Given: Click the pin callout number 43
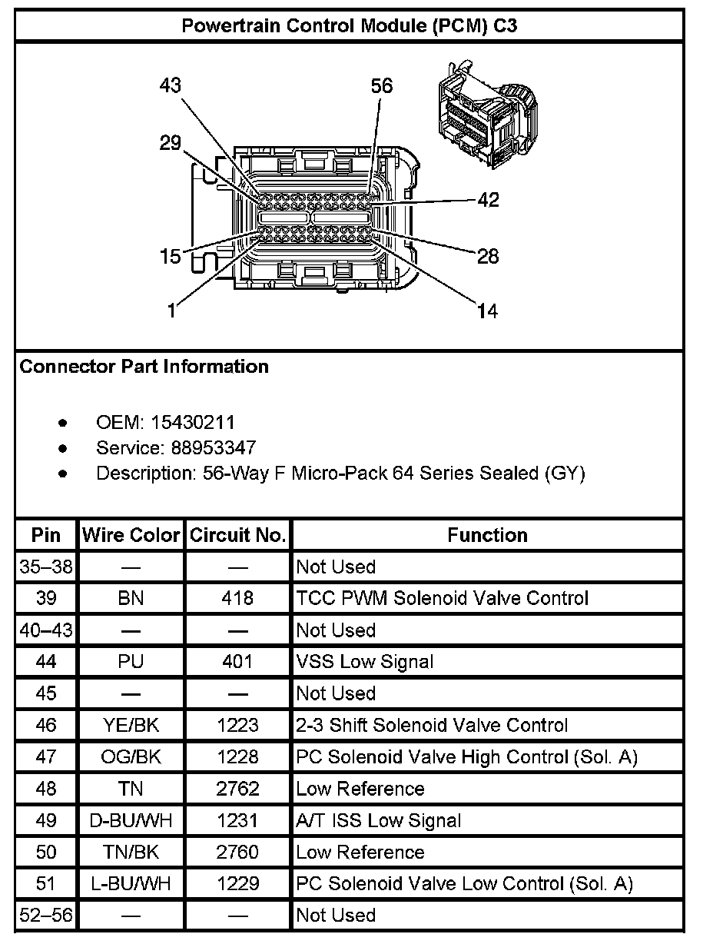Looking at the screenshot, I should [x=170, y=85].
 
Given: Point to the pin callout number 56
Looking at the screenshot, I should [x=382, y=85].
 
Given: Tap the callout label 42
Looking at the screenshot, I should [x=488, y=201].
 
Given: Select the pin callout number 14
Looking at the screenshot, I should [x=487, y=311].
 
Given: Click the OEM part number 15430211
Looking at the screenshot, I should [x=193, y=422].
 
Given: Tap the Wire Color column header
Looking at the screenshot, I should [x=131, y=535].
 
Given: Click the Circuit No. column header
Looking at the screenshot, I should [x=238, y=535].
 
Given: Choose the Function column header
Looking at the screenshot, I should [x=487, y=535].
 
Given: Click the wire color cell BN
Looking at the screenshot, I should [x=131, y=598].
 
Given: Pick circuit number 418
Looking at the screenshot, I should [x=237, y=598].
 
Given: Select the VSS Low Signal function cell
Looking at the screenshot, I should [x=365, y=662].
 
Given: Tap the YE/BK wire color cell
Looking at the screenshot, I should [x=131, y=725].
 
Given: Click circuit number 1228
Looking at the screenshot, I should [x=237, y=757].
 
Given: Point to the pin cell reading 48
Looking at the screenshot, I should [x=46, y=789].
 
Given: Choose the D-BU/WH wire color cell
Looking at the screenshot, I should [x=131, y=821].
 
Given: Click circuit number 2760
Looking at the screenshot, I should [x=237, y=853].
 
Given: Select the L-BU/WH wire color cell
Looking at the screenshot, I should [x=131, y=884].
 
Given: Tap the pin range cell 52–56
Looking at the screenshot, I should [x=46, y=916].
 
